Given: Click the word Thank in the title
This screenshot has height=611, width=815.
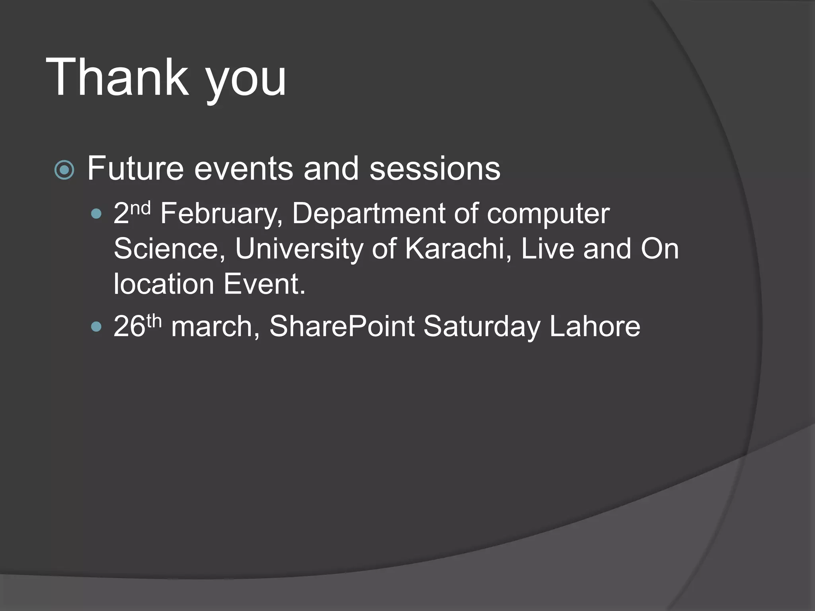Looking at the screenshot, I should (117, 77).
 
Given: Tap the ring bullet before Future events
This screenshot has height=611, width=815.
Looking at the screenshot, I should (64, 170).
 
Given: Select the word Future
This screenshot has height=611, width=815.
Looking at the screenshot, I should (135, 169).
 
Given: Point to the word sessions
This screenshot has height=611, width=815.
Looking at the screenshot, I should (435, 169).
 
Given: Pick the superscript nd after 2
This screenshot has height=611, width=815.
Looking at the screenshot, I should (140, 208).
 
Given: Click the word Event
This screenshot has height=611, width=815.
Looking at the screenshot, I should (264, 284).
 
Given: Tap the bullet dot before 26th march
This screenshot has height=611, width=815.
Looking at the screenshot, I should (96, 327).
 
